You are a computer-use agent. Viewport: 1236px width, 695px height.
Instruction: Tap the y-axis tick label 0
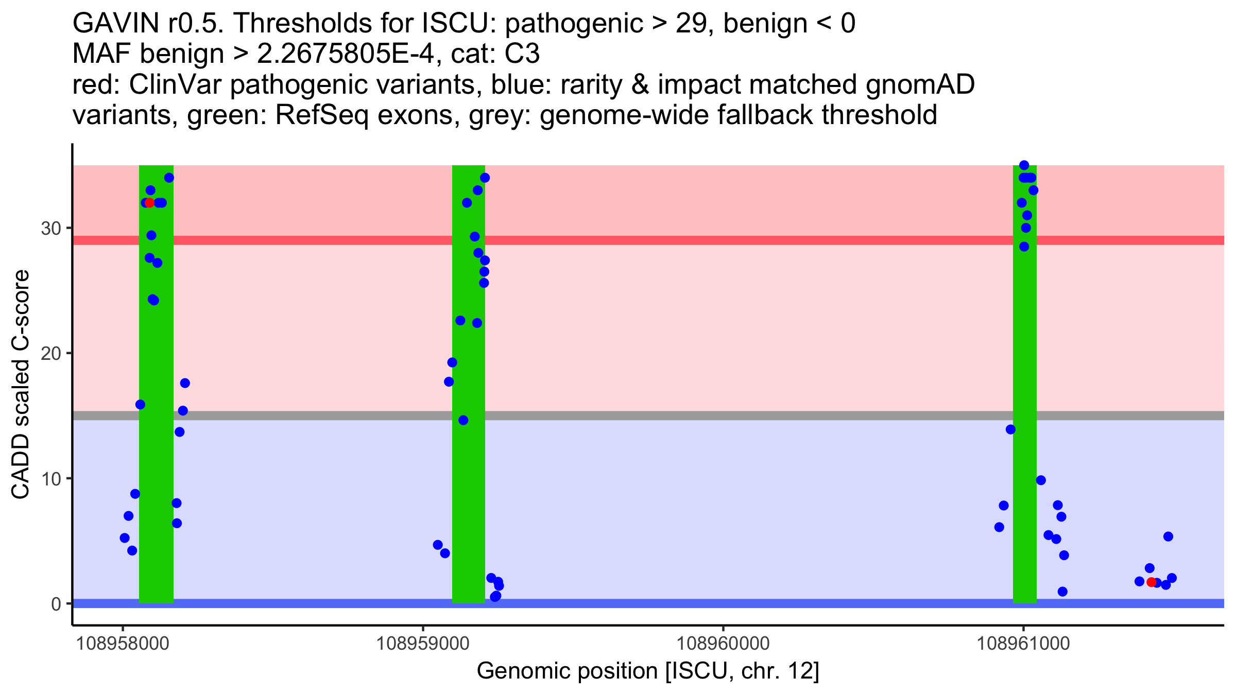(56, 604)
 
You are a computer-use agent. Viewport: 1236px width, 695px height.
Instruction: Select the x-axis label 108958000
(123, 644)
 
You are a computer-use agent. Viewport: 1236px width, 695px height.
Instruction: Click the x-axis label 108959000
(423, 644)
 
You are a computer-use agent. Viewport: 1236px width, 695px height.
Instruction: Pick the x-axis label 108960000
(723, 644)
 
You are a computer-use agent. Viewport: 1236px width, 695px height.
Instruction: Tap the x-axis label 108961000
(1023, 644)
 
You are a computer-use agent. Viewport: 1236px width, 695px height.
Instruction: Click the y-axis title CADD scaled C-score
(21, 385)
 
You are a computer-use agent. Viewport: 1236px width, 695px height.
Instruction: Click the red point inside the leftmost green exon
(149, 203)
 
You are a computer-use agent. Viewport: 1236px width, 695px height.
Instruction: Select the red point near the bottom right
(1151, 582)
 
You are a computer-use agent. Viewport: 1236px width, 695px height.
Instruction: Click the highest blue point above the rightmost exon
(1024, 165)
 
